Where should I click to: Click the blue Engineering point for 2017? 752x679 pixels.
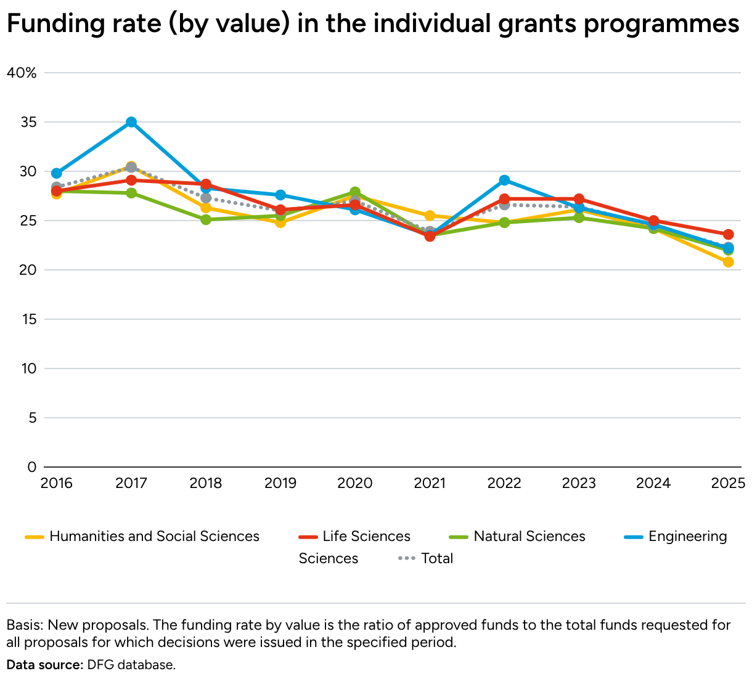point(131,122)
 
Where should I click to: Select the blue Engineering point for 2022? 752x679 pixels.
point(504,180)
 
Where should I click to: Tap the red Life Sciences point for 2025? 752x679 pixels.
point(728,234)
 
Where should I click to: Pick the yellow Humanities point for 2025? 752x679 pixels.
point(728,262)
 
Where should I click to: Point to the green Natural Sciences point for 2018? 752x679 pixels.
point(206,219)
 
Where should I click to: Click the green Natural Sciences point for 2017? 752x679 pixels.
point(131,193)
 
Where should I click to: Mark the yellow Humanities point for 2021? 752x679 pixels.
point(430,216)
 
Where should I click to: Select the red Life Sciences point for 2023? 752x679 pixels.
point(579,199)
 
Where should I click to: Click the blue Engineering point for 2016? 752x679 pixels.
point(57,173)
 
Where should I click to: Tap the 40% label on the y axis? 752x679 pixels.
point(22,73)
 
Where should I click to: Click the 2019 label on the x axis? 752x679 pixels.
point(280,482)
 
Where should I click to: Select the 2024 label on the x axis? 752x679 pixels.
point(653,482)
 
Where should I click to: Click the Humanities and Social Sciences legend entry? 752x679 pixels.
point(154,537)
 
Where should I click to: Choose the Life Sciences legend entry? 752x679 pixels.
point(366,537)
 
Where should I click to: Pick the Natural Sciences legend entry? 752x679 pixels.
point(529,537)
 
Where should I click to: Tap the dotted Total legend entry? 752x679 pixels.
point(437,558)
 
